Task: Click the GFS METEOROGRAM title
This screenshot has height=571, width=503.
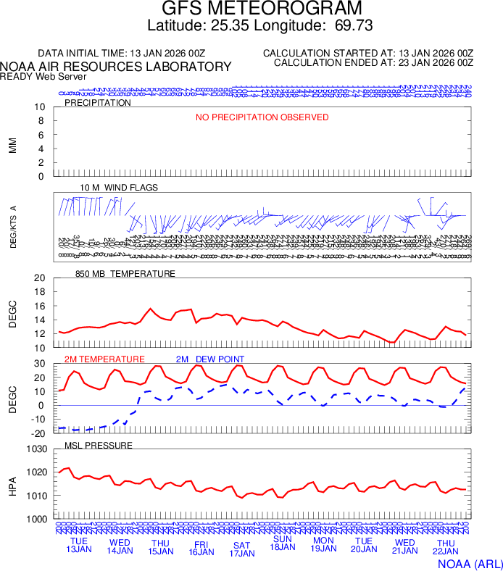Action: (x=261, y=9)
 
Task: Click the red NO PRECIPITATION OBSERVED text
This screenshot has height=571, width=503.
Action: (x=262, y=117)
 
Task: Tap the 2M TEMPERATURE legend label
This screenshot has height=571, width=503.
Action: (x=104, y=359)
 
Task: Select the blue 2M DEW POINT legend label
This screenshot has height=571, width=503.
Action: (x=210, y=359)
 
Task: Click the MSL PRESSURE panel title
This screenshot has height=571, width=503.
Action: (x=99, y=445)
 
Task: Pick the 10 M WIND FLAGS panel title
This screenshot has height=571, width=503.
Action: (x=119, y=188)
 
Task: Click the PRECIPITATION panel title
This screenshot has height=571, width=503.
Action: (x=98, y=103)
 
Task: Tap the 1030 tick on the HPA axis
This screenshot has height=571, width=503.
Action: (x=38, y=449)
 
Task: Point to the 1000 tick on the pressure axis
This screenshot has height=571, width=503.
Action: (x=38, y=520)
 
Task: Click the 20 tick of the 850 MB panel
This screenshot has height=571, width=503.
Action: (x=40, y=278)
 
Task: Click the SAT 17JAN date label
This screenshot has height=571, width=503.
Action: (x=242, y=549)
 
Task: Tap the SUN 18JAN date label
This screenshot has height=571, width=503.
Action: (x=283, y=543)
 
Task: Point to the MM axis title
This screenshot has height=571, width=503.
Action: (x=12, y=145)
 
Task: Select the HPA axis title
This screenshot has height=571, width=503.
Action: (x=12, y=485)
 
